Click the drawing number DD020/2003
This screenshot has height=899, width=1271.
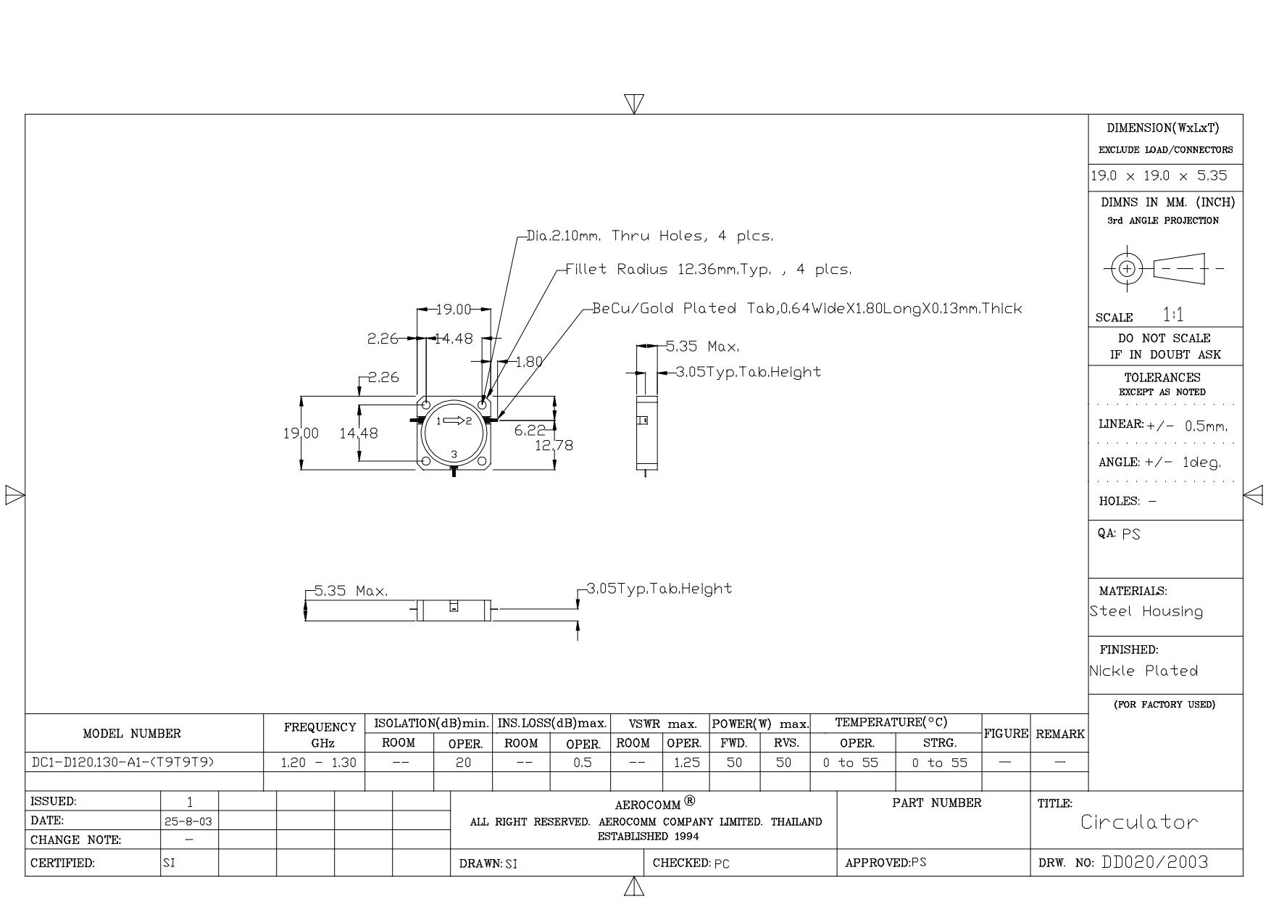pyautogui.click(x=1155, y=862)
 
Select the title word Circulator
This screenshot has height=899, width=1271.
pyautogui.click(x=1139, y=822)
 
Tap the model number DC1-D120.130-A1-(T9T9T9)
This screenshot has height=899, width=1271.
pyautogui.click(x=123, y=763)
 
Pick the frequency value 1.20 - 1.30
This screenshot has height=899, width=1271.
pyautogui.click(x=319, y=763)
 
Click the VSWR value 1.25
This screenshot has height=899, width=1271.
pyautogui.click(x=685, y=763)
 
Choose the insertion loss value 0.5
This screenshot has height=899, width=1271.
pyautogui.click(x=582, y=763)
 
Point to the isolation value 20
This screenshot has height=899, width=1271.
pyautogui.click(x=463, y=763)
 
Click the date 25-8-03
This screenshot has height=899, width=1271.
pyautogui.click(x=188, y=821)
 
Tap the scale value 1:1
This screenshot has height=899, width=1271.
pyautogui.click(x=1173, y=315)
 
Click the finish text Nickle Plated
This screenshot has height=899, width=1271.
pyautogui.click(x=1143, y=671)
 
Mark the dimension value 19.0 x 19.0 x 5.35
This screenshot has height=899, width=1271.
pyautogui.click(x=1159, y=176)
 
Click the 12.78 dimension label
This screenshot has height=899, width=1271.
pyautogui.click(x=554, y=445)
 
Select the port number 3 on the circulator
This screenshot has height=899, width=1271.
pyautogui.click(x=454, y=455)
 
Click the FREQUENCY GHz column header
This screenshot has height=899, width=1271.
pyautogui.click(x=320, y=734)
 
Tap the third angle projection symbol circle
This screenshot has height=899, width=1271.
pyautogui.click(x=1127, y=268)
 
